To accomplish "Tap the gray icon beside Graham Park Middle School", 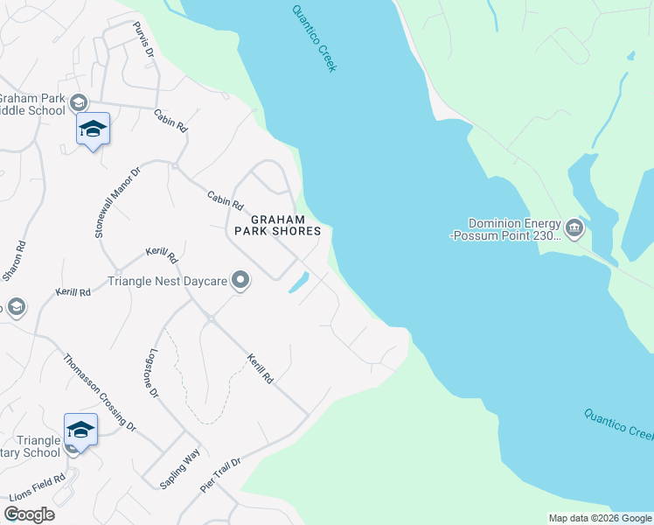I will point(79,101).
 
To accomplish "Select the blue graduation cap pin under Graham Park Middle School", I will point(93,129).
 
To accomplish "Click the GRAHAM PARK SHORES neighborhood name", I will point(277,225).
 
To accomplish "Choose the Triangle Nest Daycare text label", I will point(167,281).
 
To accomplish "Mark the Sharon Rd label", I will point(12,260).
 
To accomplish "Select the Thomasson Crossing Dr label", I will point(100,392).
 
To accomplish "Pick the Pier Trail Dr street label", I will point(220,474).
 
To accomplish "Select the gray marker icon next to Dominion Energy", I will point(574,229).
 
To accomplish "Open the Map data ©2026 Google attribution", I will point(600,518).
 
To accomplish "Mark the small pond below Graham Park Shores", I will point(298,283).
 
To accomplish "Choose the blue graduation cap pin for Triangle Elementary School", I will point(80,430).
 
